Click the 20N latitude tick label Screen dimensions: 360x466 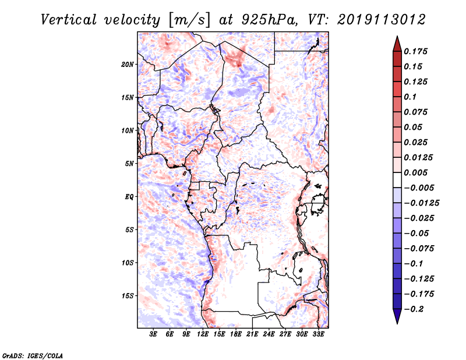tap(128, 64)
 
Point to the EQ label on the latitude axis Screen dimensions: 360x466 tap(129, 197)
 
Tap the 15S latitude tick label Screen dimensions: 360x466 tap(128, 296)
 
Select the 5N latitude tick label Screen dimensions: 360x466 tap(130, 164)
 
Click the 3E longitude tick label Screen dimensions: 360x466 tap(154, 335)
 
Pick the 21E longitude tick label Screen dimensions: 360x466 tap(252, 335)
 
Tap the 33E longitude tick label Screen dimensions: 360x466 tap(318, 335)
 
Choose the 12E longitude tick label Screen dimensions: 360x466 tap(203, 335)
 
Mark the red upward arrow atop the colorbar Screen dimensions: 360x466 tap(396, 43)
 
